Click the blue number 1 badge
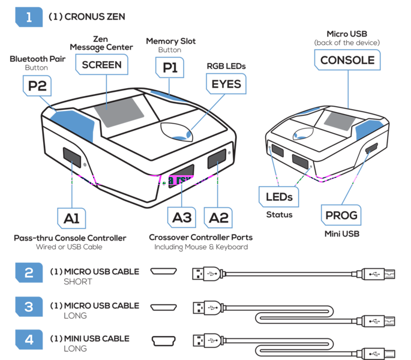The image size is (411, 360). [x=29, y=17]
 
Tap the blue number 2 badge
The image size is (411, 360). [x=29, y=273]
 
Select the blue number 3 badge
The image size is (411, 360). [x=29, y=307]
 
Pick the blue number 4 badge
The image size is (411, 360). [x=29, y=340]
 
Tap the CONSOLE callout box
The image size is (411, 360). [x=347, y=60]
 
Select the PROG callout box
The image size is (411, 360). [x=341, y=214]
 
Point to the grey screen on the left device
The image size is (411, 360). [x=119, y=113]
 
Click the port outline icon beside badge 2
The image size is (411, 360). [x=164, y=272]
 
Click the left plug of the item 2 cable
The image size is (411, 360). [x=208, y=274]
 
